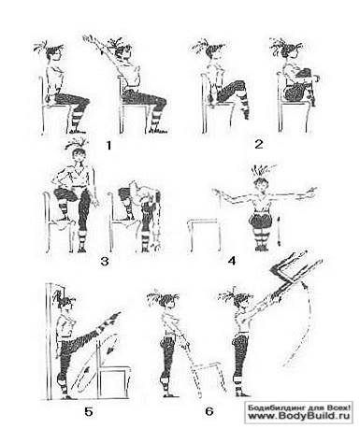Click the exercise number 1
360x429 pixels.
108,145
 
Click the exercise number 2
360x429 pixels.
259,144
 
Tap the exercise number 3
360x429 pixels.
105,261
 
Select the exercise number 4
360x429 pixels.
232,261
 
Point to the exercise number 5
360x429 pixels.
89,412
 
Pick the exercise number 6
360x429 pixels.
209,411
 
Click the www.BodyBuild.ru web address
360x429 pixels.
299,416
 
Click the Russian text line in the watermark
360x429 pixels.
299,408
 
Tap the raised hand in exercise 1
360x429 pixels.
88,38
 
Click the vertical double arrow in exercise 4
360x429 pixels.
279,231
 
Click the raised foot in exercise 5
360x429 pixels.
114,316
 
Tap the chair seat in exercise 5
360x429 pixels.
114,368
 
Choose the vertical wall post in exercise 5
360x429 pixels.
50,341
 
